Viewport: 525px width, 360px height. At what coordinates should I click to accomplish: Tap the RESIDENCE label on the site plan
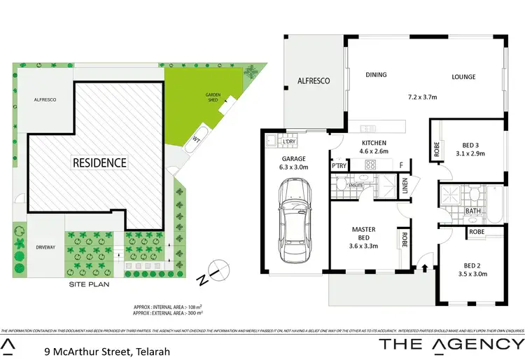(100, 163)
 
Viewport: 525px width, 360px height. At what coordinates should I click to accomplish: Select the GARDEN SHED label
(213, 99)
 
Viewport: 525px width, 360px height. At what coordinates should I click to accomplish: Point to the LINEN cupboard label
(405, 185)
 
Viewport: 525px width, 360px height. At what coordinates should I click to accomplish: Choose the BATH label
(472, 210)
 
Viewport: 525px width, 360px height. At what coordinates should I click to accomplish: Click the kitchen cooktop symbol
(371, 165)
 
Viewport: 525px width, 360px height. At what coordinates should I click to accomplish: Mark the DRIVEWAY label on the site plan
(43, 247)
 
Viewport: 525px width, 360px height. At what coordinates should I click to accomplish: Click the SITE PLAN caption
(89, 285)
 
